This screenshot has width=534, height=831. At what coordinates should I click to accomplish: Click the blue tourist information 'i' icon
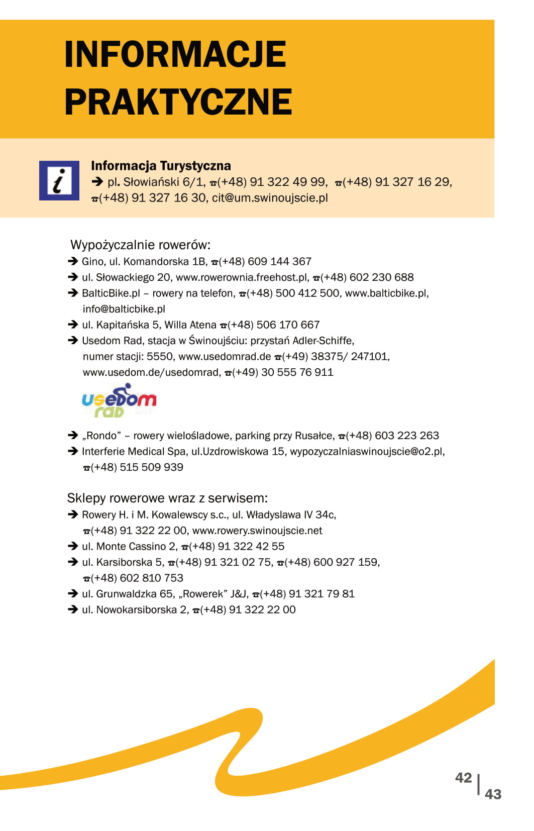59,181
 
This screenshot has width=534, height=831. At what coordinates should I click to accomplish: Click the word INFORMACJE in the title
175,54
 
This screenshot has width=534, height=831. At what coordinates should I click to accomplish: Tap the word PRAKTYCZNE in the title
178,102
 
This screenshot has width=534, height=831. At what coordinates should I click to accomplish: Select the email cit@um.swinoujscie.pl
270,198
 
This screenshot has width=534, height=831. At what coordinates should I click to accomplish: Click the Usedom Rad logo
119,401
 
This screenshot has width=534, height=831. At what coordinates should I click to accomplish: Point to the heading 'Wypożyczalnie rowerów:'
140,245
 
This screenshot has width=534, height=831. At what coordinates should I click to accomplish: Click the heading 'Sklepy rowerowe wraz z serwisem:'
167,498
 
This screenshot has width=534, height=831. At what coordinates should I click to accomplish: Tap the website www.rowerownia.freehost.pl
242,278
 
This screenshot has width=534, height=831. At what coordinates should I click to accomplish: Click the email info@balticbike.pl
124,309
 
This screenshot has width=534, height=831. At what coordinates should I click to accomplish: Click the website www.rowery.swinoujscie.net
257,531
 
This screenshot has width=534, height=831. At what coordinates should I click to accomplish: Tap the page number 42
463,778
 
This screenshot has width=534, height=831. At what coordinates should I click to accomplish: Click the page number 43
493,794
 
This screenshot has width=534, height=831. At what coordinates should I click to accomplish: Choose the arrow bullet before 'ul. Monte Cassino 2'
72,546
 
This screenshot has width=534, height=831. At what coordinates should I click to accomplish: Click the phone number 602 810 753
151,578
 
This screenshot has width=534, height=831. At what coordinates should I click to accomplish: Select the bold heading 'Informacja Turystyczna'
161,166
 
